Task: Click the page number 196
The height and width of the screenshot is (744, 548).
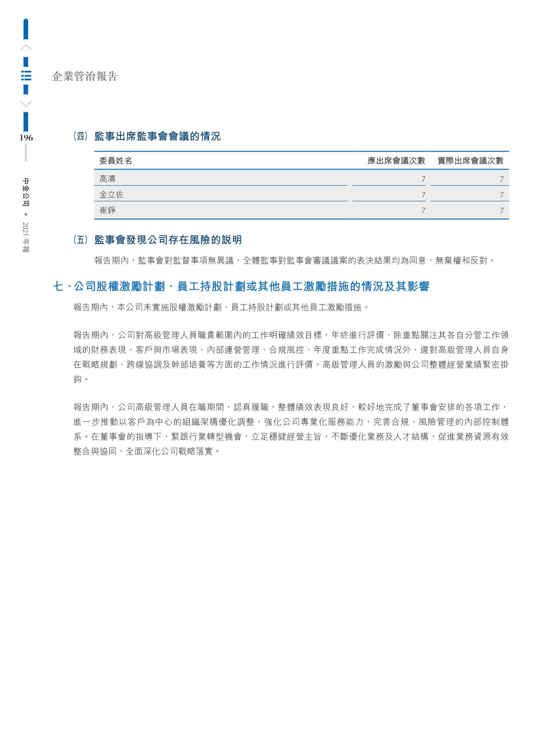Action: point(26,138)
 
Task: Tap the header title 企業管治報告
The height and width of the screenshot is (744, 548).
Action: point(85,76)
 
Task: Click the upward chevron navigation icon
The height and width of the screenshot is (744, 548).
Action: point(26,47)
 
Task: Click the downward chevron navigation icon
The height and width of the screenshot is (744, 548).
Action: point(26,104)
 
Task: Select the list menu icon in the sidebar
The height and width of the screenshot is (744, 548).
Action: point(26,76)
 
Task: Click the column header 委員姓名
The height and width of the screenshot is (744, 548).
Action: point(116,161)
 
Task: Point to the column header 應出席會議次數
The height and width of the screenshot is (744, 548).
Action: point(396,161)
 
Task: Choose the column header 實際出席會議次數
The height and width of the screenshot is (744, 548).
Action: point(470,161)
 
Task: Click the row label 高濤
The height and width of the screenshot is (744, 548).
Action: point(108,179)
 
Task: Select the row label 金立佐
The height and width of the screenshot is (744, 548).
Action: point(111,194)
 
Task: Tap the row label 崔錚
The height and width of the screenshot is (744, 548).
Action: point(108,210)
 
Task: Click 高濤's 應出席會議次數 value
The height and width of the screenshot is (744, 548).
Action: point(423,179)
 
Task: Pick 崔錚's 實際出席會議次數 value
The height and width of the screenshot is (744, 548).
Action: point(501,211)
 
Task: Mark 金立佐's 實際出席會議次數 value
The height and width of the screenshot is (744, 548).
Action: point(501,195)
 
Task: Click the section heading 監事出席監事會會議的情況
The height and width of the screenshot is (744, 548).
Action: point(157,136)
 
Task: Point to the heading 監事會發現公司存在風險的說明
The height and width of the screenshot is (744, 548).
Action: point(168,240)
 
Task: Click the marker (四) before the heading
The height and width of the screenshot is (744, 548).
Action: point(80,136)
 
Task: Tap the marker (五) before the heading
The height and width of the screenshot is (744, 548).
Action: point(80,240)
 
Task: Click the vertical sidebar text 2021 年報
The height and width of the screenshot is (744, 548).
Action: point(26,237)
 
